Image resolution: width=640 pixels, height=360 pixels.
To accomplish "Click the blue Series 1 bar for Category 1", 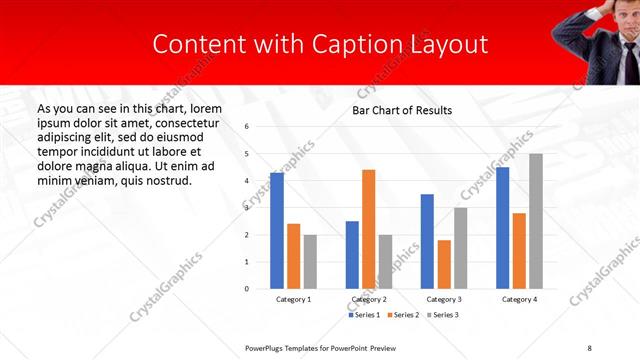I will pyautogui.click(x=276, y=231).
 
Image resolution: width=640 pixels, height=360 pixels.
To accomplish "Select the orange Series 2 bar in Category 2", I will pyautogui.click(x=368, y=229).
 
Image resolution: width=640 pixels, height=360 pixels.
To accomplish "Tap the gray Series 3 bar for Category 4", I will pyautogui.click(x=536, y=221).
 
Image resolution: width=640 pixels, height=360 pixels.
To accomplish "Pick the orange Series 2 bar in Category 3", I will pyautogui.click(x=444, y=264).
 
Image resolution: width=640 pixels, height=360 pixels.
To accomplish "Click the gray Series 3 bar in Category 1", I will pyautogui.click(x=310, y=262).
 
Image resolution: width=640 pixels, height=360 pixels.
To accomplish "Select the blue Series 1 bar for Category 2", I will pyautogui.click(x=352, y=255).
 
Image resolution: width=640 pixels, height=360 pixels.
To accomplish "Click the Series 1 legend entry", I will pyautogui.click(x=363, y=315).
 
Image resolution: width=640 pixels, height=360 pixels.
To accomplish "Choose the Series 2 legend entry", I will pyautogui.click(x=402, y=315).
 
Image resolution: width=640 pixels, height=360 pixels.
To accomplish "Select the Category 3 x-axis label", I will pyautogui.click(x=444, y=299).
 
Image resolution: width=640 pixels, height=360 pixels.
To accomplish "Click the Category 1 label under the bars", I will pyautogui.click(x=293, y=299).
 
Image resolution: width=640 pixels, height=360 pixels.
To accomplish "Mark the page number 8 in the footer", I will pyautogui.click(x=589, y=347).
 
